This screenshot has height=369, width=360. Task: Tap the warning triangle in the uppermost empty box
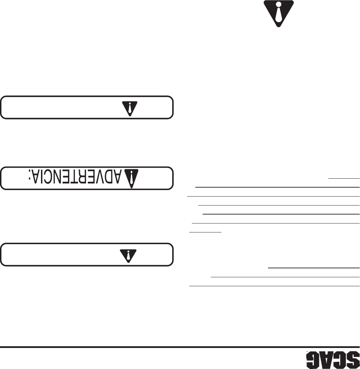[130, 107]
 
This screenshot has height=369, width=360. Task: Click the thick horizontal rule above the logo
[180, 347]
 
